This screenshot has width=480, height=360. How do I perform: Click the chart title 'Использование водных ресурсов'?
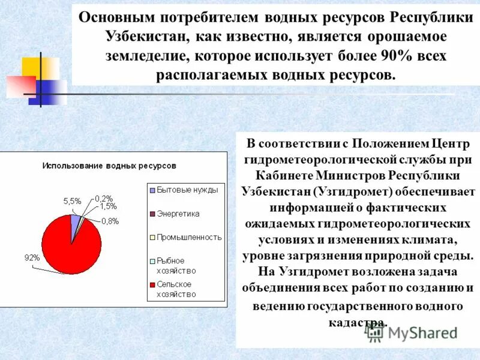109,165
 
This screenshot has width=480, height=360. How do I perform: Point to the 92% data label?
32,257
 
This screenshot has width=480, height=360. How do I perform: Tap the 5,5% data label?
72,202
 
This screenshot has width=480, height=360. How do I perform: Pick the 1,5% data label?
108,206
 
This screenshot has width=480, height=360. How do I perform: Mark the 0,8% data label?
110,221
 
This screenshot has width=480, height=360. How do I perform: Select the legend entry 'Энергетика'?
178,214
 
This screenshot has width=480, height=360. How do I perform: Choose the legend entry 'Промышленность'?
189,237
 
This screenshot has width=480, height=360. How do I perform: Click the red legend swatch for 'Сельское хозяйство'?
152,284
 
